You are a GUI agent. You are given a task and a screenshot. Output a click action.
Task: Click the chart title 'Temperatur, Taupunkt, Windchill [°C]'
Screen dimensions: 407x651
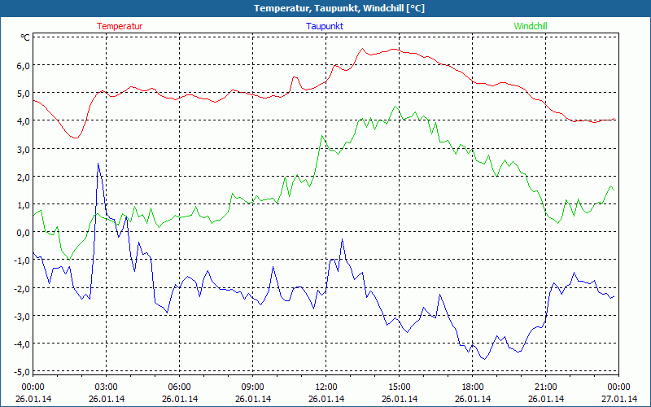325,8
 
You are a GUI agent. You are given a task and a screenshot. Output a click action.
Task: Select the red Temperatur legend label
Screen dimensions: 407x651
120,26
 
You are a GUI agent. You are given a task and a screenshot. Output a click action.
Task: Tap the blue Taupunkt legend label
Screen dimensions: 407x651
325,26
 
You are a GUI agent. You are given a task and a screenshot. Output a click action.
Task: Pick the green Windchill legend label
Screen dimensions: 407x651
531,26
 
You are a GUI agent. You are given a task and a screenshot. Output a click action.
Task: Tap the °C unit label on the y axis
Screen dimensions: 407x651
24,37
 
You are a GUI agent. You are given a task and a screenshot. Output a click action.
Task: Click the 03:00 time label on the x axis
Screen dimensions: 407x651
106,387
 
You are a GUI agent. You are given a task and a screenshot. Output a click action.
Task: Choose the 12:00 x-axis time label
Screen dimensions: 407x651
325,387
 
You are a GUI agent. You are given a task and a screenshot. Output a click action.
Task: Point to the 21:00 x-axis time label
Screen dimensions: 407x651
545,387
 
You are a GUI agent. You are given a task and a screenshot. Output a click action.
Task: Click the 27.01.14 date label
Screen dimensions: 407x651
618,399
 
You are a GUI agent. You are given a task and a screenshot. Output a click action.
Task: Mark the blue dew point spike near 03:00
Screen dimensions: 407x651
98,164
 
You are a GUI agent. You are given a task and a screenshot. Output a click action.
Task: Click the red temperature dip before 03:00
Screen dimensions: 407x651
76,138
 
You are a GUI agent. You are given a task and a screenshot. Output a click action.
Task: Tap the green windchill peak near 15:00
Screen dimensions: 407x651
396,107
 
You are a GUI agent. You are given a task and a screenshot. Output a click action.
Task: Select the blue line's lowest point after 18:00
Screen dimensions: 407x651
484,358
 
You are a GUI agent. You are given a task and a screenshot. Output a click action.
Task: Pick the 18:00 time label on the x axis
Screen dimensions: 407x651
472,387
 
